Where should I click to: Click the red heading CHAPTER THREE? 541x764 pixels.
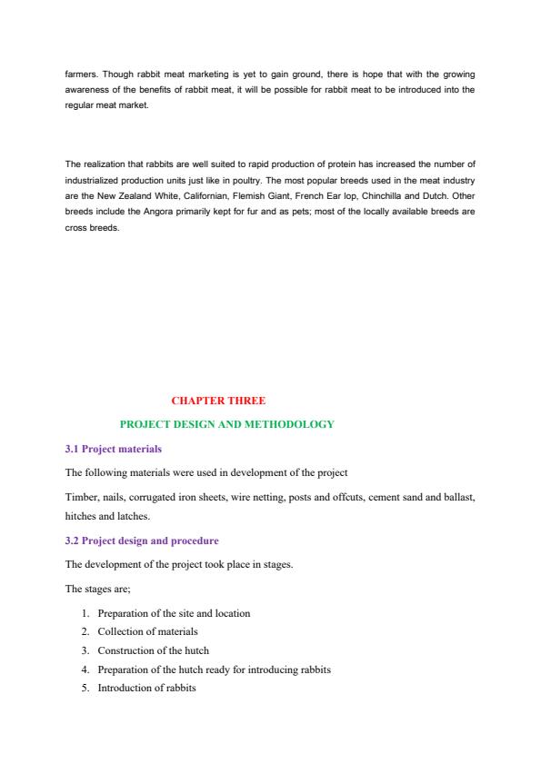[218, 400]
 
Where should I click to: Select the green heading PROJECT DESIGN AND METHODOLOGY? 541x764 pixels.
[227, 424]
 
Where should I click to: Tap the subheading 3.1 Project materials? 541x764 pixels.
[113, 449]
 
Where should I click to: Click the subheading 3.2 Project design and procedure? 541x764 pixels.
[142, 541]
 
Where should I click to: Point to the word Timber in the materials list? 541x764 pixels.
[80, 496]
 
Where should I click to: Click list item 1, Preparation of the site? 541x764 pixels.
[173, 613]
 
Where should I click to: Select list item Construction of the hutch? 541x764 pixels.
[153, 650]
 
